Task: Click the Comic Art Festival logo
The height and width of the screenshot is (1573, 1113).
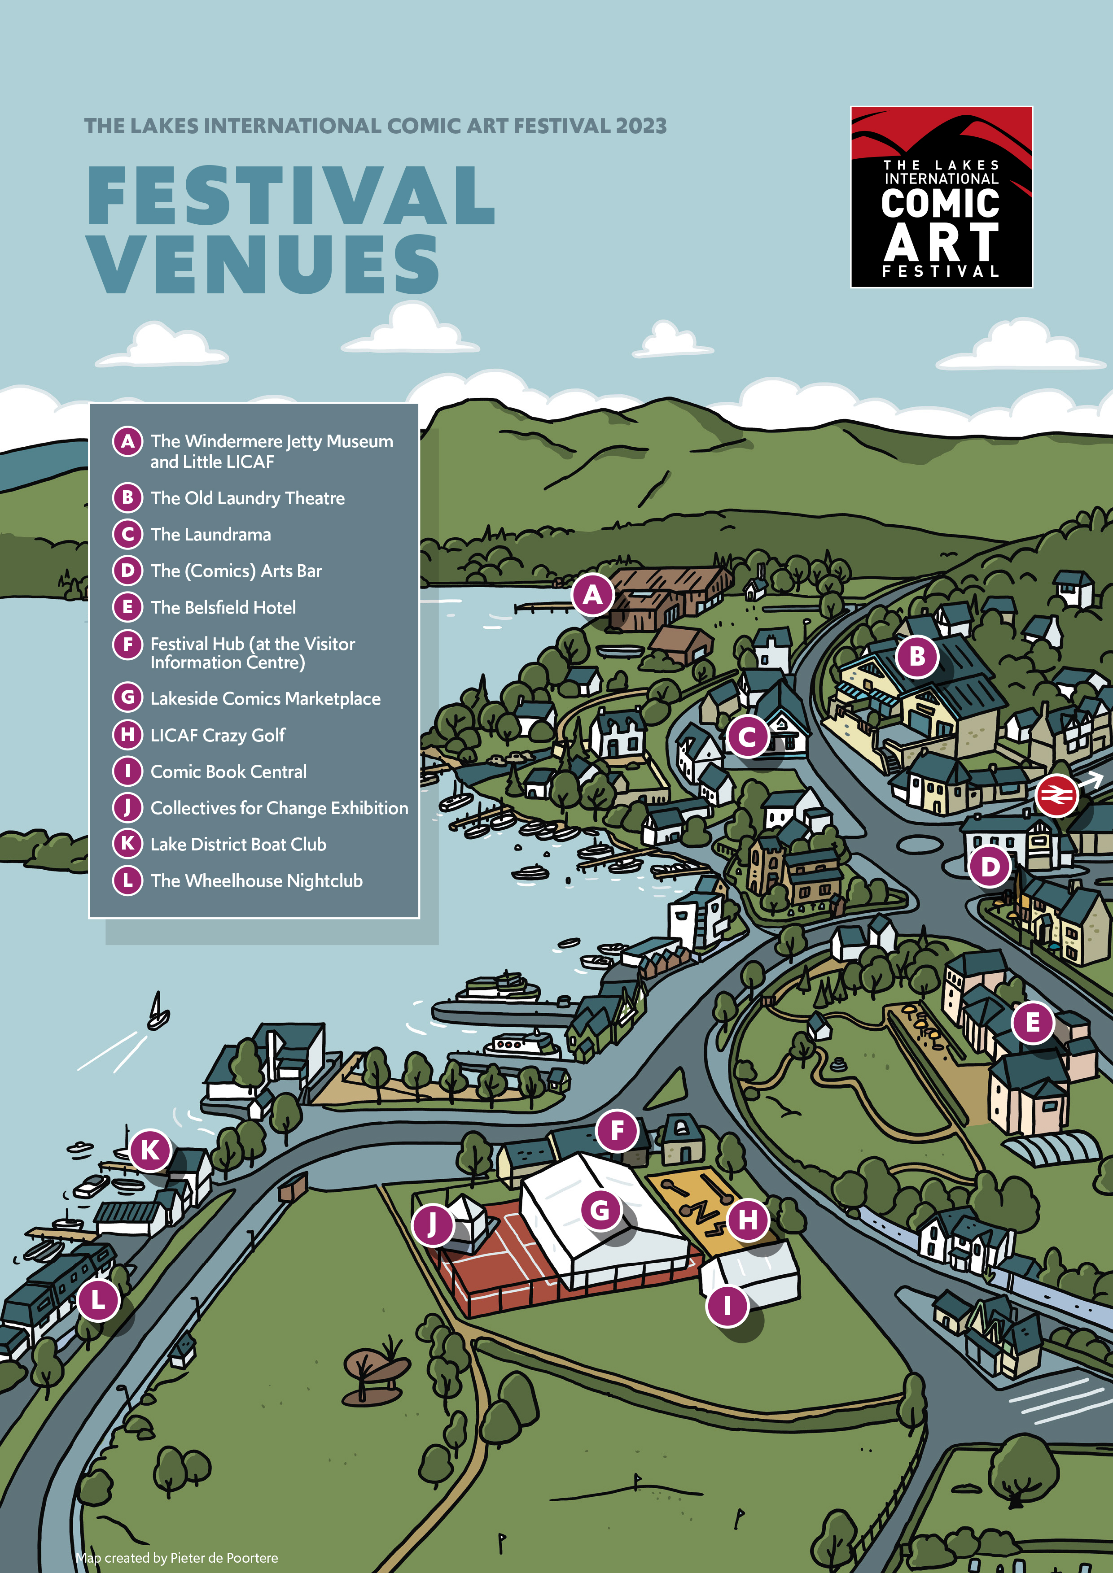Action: pyautogui.click(x=941, y=196)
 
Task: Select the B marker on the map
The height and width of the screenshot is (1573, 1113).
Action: pyautogui.click(x=917, y=656)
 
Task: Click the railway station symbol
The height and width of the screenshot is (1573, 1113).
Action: pyautogui.click(x=1056, y=795)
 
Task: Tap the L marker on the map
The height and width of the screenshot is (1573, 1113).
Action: pyautogui.click(x=98, y=1300)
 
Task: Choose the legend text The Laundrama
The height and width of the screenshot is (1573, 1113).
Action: pyautogui.click(x=211, y=534)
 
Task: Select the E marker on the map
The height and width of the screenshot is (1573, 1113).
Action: pyautogui.click(x=1033, y=1023)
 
